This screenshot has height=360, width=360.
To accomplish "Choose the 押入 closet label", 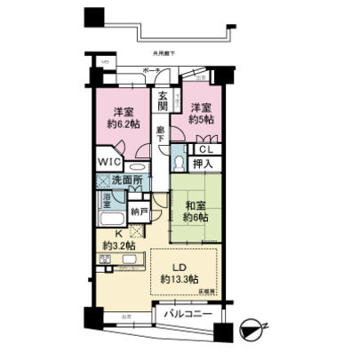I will [x=203, y=164].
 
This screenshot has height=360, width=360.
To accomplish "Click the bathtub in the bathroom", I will [x=111, y=217].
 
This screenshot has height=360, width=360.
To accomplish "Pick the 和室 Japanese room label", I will [x=196, y=203].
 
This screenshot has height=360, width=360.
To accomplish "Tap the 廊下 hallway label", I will [x=160, y=135].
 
